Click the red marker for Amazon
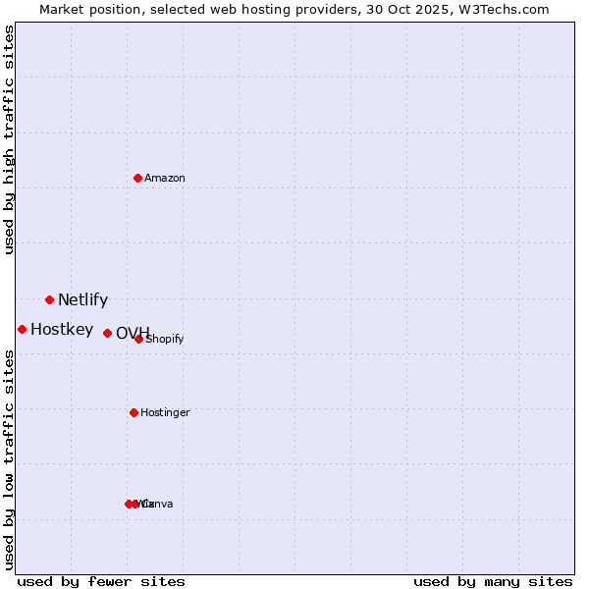click(x=138, y=178)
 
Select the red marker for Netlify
click(x=49, y=299)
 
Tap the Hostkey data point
click(x=22, y=329)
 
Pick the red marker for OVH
click(x=107, y=333)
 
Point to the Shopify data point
click(x=139, y=339)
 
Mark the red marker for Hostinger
click(x=134, y=412)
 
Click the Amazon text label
click(x=165, y=178)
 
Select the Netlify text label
click(x=82, y=300)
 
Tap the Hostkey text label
click(x=62, y=330)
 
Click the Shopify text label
click(x=165, y=340)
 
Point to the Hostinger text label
click(x=165, y=412)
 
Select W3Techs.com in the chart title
click(x=502, y=9)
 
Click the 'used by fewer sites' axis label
click(x=101, y=581)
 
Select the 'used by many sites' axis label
click(x=493, y=581)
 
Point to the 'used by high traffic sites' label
click(x=9, y=139)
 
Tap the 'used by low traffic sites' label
click(x=9, y=459)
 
